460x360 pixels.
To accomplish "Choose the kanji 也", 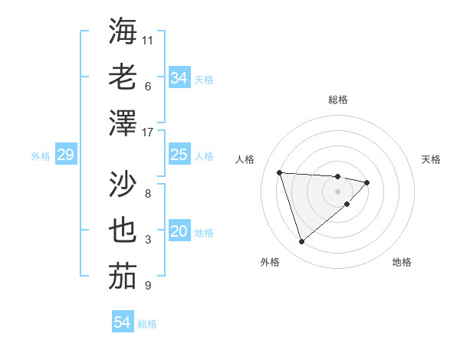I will (x=123, y=231).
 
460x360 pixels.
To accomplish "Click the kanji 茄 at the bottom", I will (x=123, y=276).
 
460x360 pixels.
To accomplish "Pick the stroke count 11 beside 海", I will (x=148, y=39).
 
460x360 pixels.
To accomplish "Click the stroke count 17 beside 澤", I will (x=148, y=133).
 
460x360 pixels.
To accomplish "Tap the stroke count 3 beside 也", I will (x=148, y=240).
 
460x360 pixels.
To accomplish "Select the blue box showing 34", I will (x=179, y=77).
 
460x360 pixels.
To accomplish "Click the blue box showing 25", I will (x=179, y=155).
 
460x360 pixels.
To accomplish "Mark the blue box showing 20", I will (x=179, y=231).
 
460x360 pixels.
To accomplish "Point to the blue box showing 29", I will (x=65, y=155).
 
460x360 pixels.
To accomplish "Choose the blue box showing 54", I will (x=122, y=322).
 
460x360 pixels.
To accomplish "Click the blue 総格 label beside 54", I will (x=147, y=324).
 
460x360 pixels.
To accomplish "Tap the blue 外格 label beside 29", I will (x=41, y=156).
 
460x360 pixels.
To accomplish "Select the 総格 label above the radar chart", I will (x=337, y=100).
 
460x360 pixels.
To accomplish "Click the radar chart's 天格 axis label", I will (x=432, y=159).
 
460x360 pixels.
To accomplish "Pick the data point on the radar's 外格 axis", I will (x=301, y=242).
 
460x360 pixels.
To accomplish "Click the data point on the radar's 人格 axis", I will (x=280, y=172).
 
